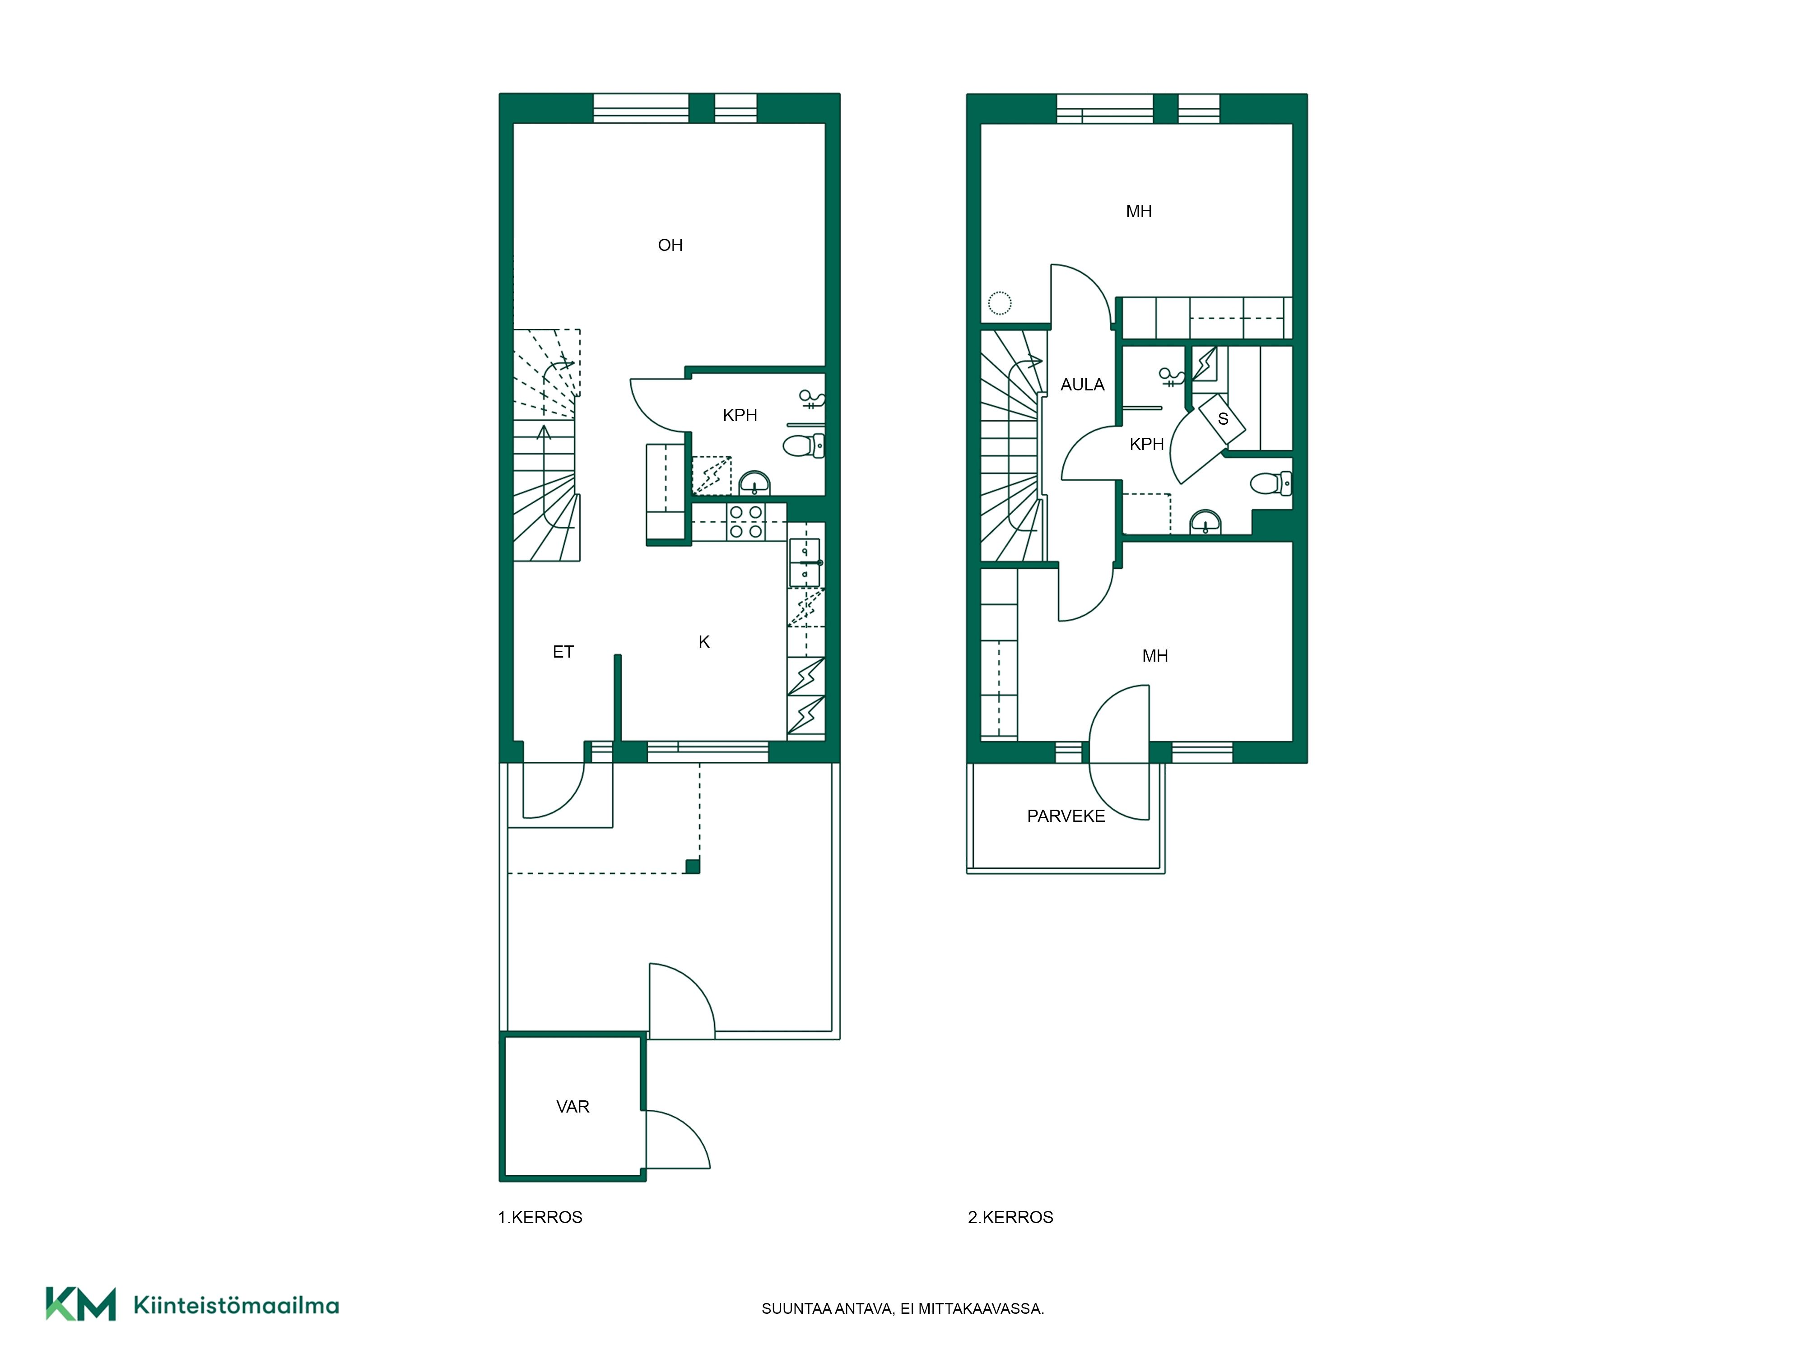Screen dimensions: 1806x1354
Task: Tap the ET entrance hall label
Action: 563,651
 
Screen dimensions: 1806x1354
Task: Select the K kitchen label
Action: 704,642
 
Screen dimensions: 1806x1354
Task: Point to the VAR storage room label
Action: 573,1107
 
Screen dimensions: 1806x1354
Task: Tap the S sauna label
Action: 1223,419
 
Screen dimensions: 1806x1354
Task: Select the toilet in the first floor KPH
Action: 803,445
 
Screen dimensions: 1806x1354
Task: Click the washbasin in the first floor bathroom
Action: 754,483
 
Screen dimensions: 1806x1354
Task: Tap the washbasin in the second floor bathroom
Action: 1206,522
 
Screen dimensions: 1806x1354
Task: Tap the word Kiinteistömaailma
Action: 236,1305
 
